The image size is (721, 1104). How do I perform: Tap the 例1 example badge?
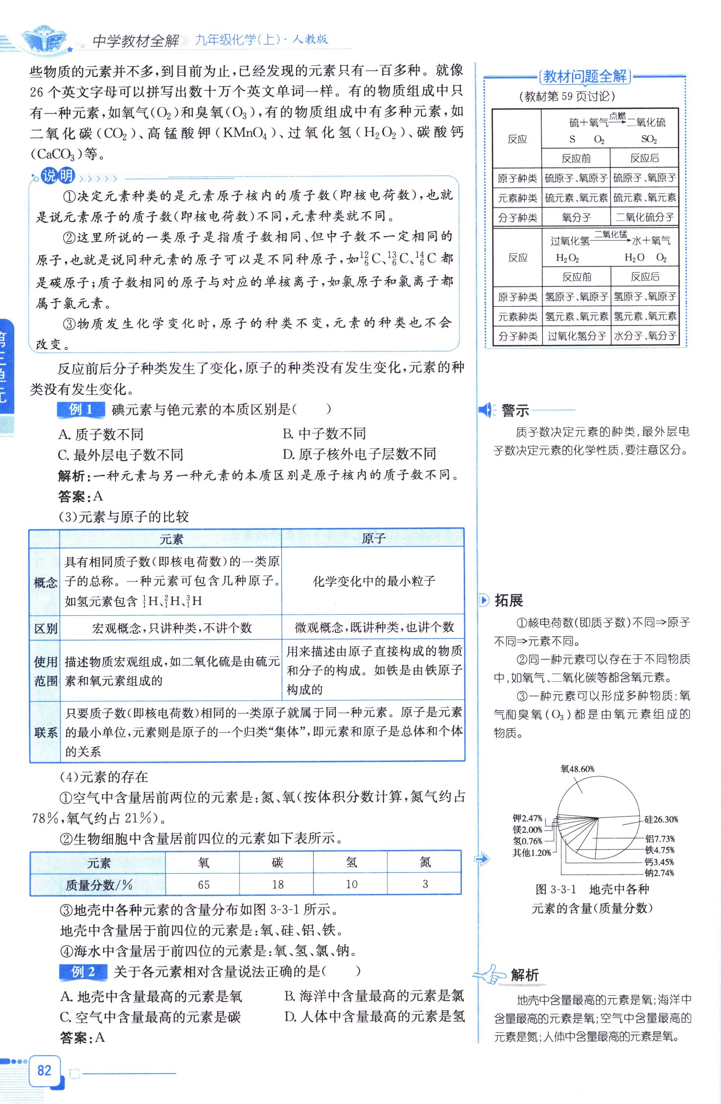tap(81, 409)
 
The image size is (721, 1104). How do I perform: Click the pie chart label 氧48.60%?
tap(577, 769)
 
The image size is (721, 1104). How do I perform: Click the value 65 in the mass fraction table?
tap(203, 885)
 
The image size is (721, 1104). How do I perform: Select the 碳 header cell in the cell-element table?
tap(277, 862)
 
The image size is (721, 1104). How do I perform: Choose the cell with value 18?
tap(277, 885)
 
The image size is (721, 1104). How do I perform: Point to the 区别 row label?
tap(45, 628)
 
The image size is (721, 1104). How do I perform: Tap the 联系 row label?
tap(45, 733)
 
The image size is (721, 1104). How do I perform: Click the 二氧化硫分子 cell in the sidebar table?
tap(645, 217)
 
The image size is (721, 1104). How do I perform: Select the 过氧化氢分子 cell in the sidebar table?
tap(577, 336)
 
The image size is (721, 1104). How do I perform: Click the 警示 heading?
tap(515, 411)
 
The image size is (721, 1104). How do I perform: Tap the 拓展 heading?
tap(509, 601)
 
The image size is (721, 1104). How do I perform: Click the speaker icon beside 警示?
tap(487, 411)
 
